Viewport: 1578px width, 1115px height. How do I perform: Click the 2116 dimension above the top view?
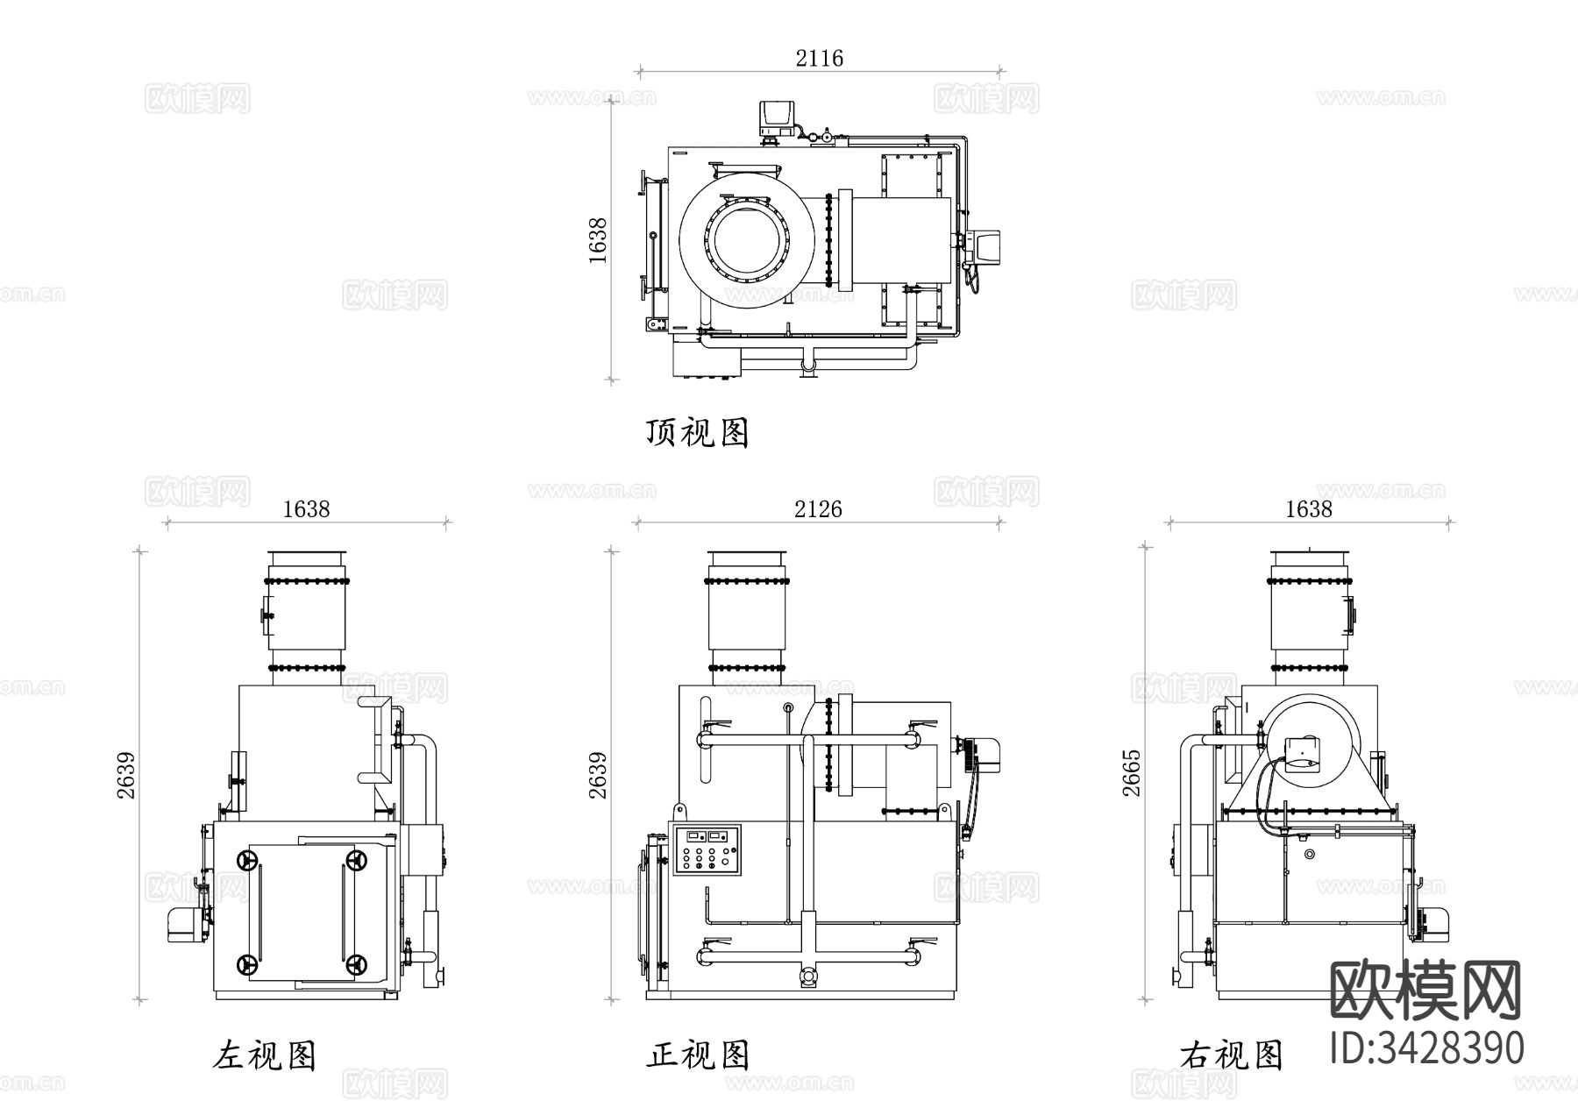819,59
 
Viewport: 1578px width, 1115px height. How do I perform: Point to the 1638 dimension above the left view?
306,509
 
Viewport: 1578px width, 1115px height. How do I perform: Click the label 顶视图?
698,432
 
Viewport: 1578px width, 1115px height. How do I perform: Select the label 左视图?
264,1055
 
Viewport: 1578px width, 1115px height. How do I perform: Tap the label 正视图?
698,1055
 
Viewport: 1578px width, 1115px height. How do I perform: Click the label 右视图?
1232,1055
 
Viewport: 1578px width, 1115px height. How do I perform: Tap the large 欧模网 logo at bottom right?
1426,990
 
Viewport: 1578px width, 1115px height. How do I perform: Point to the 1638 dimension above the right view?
1308,509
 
